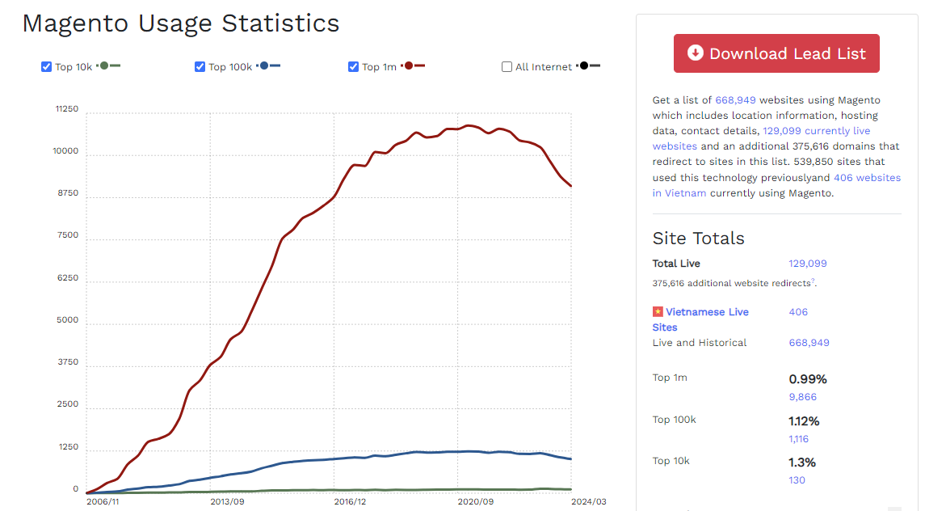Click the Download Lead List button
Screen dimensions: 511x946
(x=776, y=53)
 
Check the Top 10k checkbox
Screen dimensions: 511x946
(x=47, y=66)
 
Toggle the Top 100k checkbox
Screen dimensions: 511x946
(x=200, y=66)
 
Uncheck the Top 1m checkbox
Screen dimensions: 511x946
(x=354, y=66)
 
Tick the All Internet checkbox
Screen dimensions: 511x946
(x=507, y=67)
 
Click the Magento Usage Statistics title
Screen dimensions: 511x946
(x=181, y=23)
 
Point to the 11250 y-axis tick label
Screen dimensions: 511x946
(x=67, y=109)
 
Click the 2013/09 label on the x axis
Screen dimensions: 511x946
(x=227, y=501)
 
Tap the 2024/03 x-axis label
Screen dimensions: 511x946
(x=588, y=501)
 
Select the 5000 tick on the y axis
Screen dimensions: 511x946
(x=68, y=320)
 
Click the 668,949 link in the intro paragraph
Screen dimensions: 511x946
(x=735, y=100)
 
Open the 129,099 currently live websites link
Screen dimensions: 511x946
(x=816, y=131)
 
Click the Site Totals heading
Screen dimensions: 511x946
(x=698, y=238)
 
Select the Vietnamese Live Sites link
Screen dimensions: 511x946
(x=707, y=312)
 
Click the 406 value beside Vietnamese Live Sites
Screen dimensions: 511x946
(x=798, y=312)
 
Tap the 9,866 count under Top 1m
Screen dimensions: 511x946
(x=802, y=397)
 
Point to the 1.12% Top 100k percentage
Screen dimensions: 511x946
(x=804, y=420)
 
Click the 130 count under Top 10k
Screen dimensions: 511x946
(x=797, y=480)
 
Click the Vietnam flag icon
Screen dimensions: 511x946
(x=658, y=312)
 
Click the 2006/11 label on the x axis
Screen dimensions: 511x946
(x=103, y=501)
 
